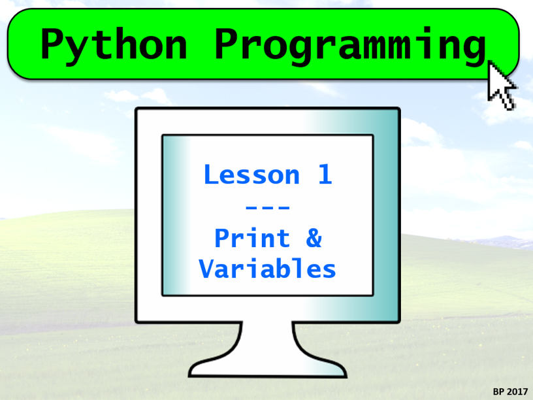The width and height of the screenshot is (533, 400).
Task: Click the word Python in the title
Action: coord(114,46)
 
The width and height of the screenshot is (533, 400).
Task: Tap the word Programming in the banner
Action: coord(351,46)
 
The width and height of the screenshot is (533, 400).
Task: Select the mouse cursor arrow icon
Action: coord(502,85)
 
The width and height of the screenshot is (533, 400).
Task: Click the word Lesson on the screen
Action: coord(252,174)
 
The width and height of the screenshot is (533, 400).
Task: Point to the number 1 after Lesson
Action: coord(325,174)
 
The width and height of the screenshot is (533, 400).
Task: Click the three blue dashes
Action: coord(268,207)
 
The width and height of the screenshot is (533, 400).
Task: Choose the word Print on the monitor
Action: coord(252,238)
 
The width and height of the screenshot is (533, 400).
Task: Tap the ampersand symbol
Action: coord(314,238)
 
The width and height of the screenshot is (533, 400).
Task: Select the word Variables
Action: coord(268,269)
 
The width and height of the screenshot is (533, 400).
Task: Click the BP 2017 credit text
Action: coord(510,392)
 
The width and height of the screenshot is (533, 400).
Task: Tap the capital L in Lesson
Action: coord(212,175)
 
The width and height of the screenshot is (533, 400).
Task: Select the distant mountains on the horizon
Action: coord(500,242)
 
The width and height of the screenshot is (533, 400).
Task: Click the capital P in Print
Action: coord(223,238)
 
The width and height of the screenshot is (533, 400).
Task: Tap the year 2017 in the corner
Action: coord(517,392)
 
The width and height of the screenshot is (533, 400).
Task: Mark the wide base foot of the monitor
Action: coord(268,368)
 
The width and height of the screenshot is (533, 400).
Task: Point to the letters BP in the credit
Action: coord(498,392)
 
